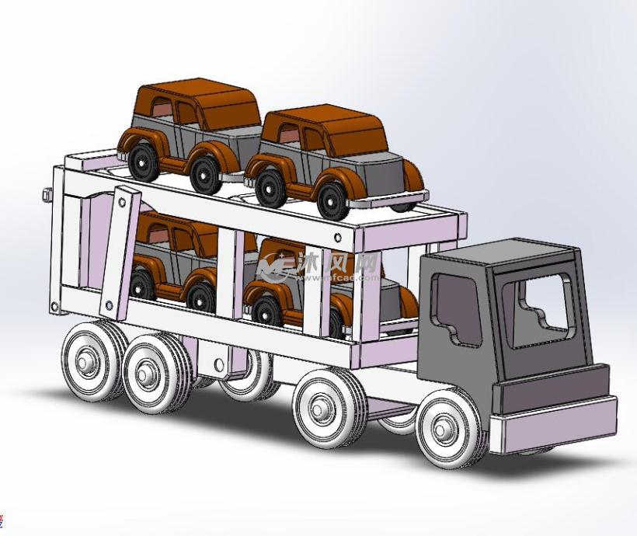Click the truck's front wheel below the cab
(x=447, y=426)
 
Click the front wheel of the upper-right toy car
(x=332, y=198)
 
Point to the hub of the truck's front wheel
(x=444, y=427)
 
